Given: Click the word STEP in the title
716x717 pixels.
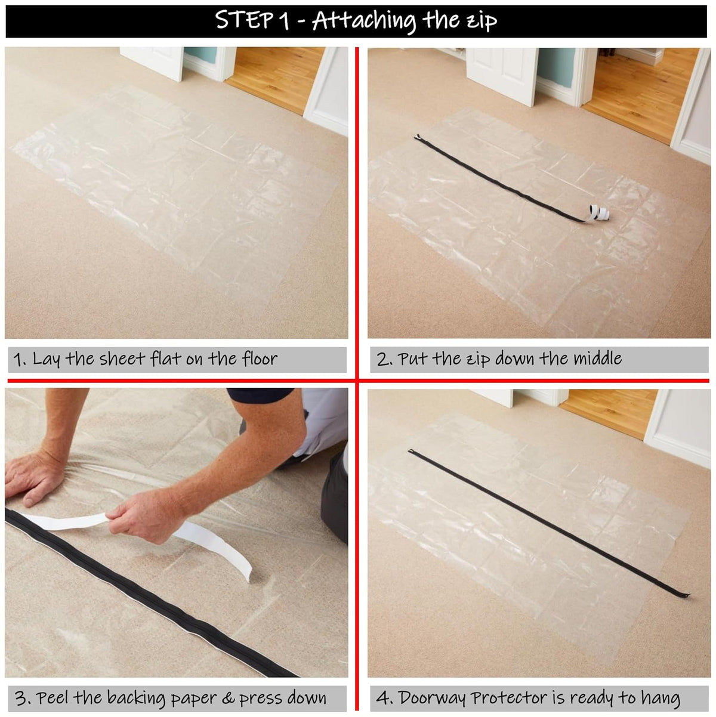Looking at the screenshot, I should (x=243, y=21).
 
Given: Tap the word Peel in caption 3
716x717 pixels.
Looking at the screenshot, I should (x=55, y=697).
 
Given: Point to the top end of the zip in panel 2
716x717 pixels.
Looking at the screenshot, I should (x=417, y=138).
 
